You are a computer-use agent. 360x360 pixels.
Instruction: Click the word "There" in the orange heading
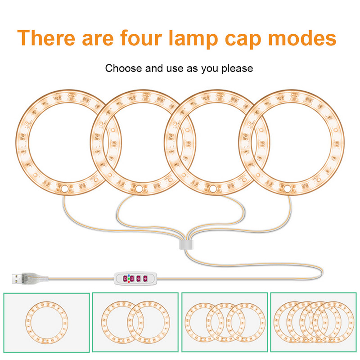[x=46, y=38]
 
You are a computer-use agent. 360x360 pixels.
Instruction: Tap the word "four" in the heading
[x=141, y=37]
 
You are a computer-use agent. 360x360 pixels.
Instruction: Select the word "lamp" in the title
[x=193, y=39]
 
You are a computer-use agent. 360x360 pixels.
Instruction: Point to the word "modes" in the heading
[x=302, y=38]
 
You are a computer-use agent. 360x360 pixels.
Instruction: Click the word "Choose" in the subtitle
[x=123, y=68]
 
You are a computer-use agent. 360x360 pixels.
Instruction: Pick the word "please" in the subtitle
[x=237, y=69]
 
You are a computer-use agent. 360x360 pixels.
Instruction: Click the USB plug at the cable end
[x=30, y=278]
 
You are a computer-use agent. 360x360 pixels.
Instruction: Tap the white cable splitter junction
[x=186, y=245]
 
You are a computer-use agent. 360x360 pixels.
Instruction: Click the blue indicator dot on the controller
[x=129, y=275]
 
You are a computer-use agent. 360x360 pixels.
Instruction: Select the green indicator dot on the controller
[x=129, y=279]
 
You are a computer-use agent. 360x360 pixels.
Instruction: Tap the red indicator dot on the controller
[x=129, y=282]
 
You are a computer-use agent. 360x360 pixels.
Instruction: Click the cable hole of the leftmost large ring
[x=64, y=189]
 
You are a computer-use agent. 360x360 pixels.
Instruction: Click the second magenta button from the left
[x=132, y=279]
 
